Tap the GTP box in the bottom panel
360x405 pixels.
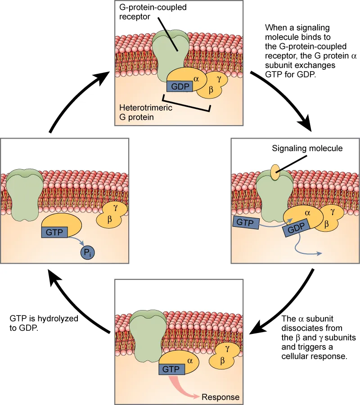(x=171, y=369)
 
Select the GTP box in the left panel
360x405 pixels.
(x=54, y=232)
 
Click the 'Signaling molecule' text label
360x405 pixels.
(x=307, y=148)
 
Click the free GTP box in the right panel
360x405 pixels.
(x=245, y=222)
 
